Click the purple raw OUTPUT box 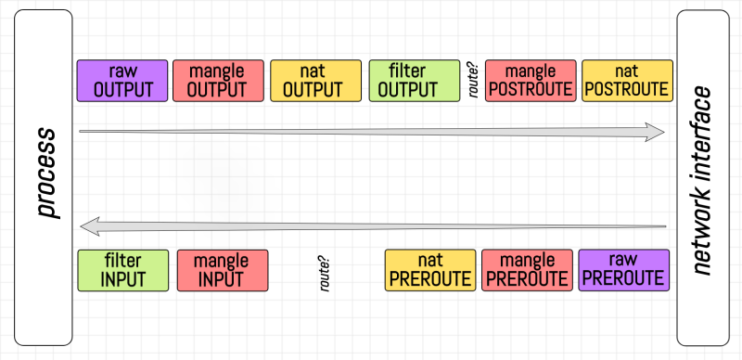[x=122, y=81]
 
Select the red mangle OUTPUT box [x=219, y=81]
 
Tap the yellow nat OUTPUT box [x=313, y=81]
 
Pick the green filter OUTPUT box [x=414, y=81]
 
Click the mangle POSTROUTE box [x=529, y=81]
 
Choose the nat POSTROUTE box [x=626, y=81]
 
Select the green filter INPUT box [x=122, y=270]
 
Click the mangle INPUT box [x=222, y=270]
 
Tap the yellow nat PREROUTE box [x=429, y=270]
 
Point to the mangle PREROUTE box [x=526, y=270]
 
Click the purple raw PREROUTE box [x=622, y=270]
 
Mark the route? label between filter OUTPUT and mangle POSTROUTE [x=473, y=82]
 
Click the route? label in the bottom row [x=325, y=273]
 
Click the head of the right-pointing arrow [x=656, y=132]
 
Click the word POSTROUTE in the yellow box [x=626, y=90]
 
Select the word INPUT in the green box [x=122, y=279]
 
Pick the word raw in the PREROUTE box [x=622, y=261]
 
